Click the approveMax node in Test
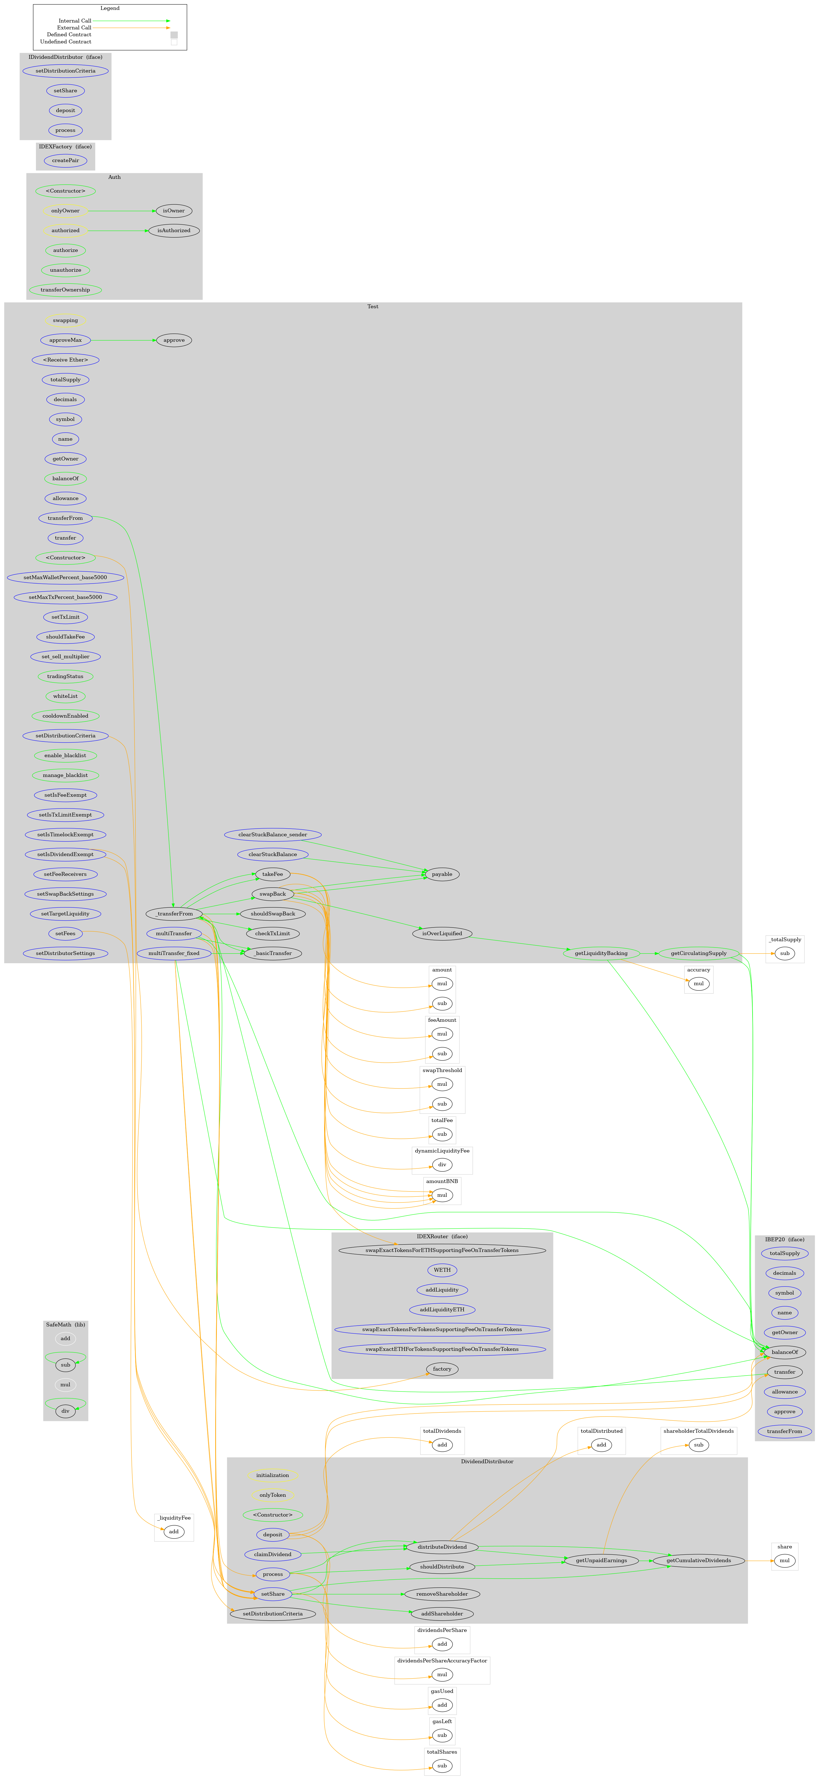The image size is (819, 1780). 66,340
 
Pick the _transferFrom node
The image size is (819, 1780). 174,913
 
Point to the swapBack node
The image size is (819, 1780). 273,894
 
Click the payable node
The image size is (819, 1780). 442,874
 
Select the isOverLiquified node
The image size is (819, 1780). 442,934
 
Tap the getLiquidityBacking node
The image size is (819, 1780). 601,954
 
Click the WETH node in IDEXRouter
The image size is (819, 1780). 442,1270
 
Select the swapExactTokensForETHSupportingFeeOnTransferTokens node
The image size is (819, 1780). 442,1250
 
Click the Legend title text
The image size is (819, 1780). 110,8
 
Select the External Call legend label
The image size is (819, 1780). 74,28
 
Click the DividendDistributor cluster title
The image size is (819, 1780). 487,1462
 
